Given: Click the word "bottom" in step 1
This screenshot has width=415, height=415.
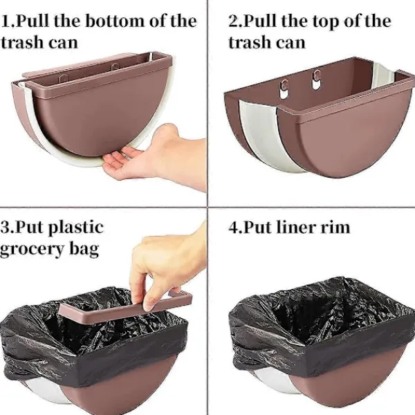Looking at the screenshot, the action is point(115,21).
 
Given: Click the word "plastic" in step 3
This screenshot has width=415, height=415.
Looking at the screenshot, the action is point(76,228).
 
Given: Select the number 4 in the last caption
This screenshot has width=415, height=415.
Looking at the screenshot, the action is point(234,228).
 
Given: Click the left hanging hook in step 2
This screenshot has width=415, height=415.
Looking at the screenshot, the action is point(284,88).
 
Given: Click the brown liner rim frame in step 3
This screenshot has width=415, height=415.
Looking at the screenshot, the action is point(124,307).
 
